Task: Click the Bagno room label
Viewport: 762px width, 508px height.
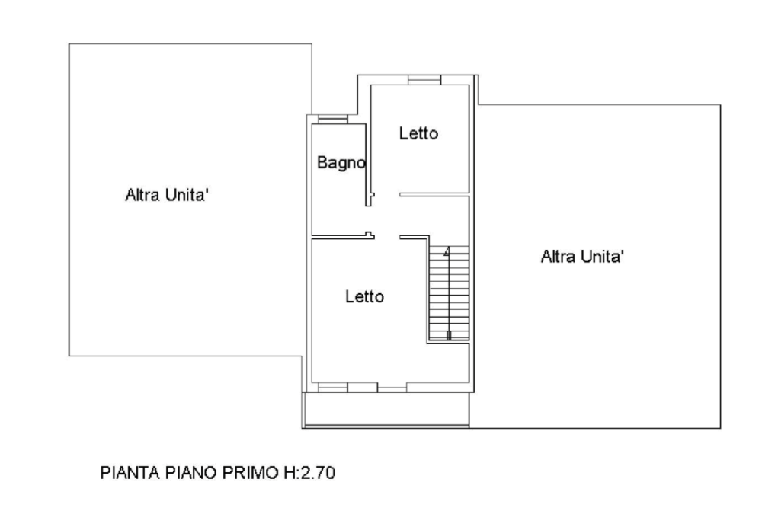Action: [341, 162]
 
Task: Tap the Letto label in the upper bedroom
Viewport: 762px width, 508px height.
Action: [419, 133]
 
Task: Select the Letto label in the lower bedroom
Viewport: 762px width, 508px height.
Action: [363, 296]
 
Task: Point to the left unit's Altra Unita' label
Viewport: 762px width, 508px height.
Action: [167, 196]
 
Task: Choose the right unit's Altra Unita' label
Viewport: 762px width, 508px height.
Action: [582, 257]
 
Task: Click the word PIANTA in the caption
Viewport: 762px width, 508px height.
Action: [129, 473]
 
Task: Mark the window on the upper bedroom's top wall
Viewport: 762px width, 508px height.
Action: [423, 79]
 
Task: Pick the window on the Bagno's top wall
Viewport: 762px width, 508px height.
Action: [332, 118]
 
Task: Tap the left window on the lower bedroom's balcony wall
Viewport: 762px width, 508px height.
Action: [332, 388]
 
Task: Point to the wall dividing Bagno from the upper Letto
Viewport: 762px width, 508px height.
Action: [370, 141]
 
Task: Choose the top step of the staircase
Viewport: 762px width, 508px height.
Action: [448, 251]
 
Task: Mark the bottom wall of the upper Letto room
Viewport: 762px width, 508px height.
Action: [433, 195]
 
